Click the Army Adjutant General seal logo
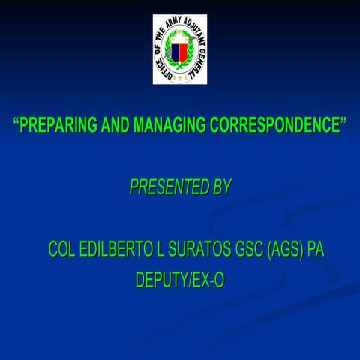(x=180, y=49)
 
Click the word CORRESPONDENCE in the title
(x=269, y=125)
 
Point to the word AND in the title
(x=115, y=125)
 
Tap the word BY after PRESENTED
(x=221, y=187)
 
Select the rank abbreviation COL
(x=61, y=250)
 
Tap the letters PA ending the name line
(x=316, y=250)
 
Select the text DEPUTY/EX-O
(x=180, y=280)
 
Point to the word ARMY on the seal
(x=185, y=22)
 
